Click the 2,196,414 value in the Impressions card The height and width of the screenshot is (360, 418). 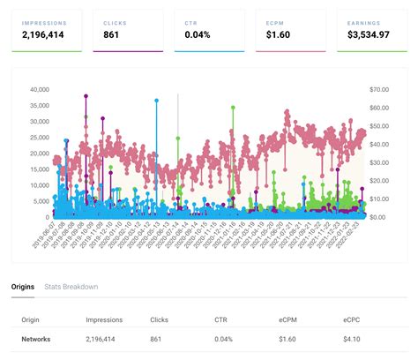(49, 35)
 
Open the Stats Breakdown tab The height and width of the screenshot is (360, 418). (71, 287)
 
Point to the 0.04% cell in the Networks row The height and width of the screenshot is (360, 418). (225, 339)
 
